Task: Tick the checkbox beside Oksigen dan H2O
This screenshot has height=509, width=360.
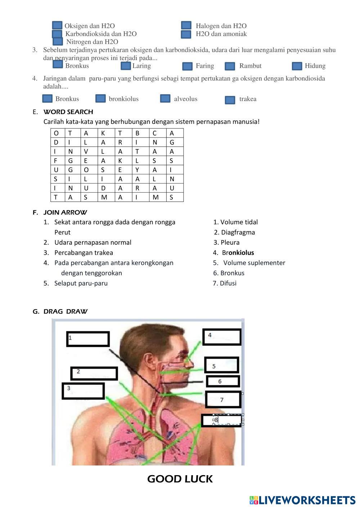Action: pos(57,25)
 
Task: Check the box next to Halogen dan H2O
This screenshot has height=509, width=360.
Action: pos(186,25)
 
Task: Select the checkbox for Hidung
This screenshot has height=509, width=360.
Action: pos(297,66)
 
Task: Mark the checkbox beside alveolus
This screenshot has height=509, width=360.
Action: pos(165,98)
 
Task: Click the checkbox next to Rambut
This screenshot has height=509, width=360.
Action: pos(230,66)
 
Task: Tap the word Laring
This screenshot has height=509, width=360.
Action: pos(141,66)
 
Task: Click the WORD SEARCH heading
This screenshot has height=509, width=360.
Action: pos(68,112)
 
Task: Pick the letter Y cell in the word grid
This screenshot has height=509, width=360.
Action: pos(137,170)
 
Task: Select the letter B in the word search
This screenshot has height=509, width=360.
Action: pos(137,133)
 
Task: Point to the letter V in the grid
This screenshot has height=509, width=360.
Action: pos(86,152)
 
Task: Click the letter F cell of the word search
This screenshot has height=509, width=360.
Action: pos(56,161)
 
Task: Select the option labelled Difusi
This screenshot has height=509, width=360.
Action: pos(228,283)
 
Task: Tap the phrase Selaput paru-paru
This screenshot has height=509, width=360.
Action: pos(81,283)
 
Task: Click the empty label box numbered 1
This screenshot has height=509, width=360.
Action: pos(88,339)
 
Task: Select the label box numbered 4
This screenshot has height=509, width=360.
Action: pos(222,337)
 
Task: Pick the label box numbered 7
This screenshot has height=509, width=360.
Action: pos(223,400)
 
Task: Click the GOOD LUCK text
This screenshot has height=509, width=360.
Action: pos(180,479)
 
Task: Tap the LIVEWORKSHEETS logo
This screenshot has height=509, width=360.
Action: pos(302,500)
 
